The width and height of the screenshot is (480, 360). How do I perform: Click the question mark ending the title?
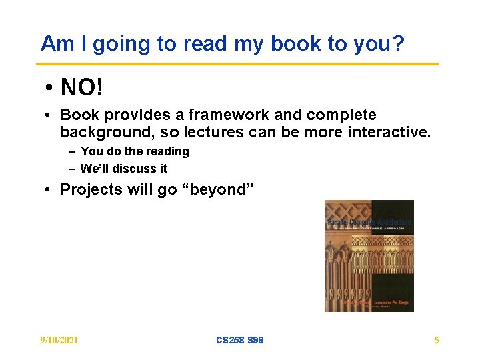pyautogui.click(x=398, y=44)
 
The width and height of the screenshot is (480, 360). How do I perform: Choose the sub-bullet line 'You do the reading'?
pyautogui.click(x=135, y=151)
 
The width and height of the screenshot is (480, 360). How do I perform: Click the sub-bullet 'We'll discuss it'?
pyautogui.click(x=124, y=169)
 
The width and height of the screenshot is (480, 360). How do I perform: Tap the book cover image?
pyautogui.click(x=369, y=256)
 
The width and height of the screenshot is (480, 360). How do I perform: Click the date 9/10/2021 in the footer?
pyautogui.click(x=59, y=340)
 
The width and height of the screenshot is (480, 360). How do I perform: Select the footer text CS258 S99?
pyautogui.click(x=240, y=340)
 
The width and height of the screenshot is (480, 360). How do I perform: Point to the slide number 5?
pyautogui.click(x=436, y=340)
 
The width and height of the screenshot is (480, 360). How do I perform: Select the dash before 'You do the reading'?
pyautogui.click(x=71, y=152)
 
